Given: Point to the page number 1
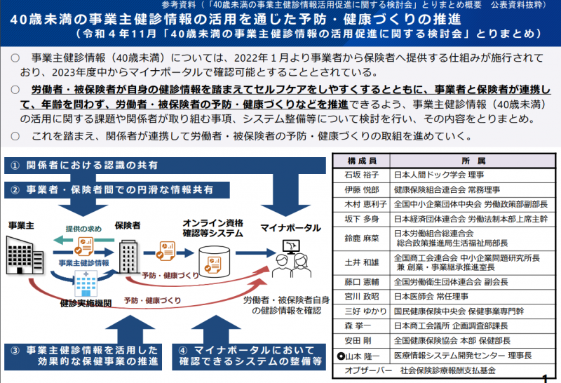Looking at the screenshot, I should tap(546, 378).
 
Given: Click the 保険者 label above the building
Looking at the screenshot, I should tap(128, 225).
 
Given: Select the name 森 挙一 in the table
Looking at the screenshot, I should tap(357, 325).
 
